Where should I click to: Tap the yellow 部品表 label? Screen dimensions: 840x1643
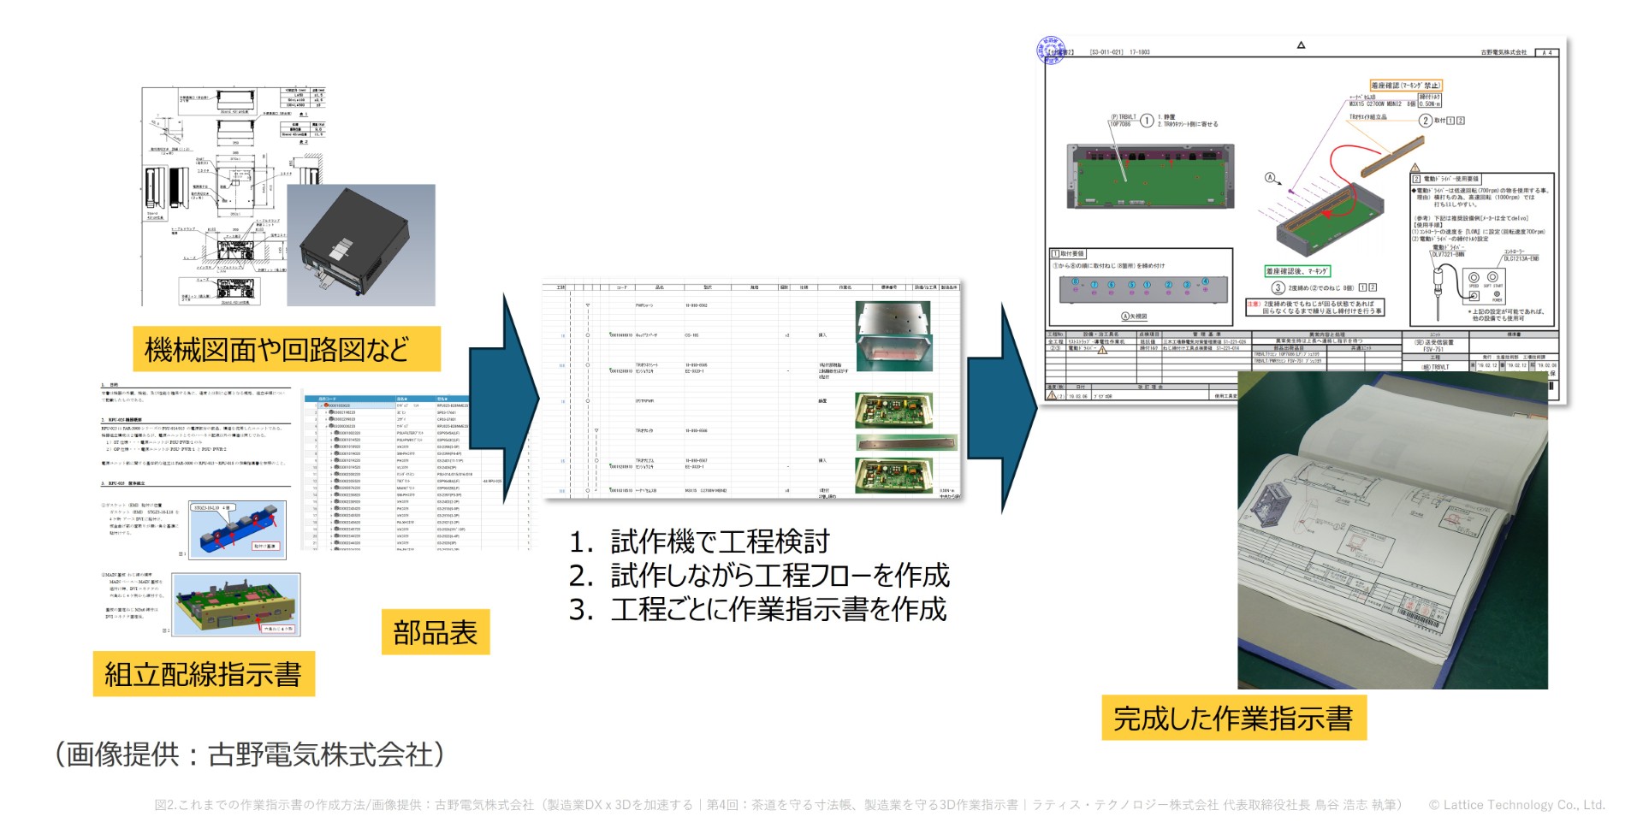(435, 632)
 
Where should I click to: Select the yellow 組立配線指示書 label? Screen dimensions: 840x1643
(203, 674)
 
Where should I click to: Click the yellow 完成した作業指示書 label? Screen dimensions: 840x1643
(1232, 718)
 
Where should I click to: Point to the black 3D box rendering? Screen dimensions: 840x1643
(360, 245)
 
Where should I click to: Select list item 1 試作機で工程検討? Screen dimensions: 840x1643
(700, 541)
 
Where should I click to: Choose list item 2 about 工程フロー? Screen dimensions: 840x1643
(759, 576)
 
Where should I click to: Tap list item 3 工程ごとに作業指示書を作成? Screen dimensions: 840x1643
(757, 610)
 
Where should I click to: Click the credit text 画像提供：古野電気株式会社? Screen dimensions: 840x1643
(249, 754)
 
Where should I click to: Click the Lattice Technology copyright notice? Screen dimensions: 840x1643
(1516, 805)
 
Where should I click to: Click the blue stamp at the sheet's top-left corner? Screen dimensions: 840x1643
(1051, 50)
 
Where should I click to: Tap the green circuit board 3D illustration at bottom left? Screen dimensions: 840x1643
(235, 604)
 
